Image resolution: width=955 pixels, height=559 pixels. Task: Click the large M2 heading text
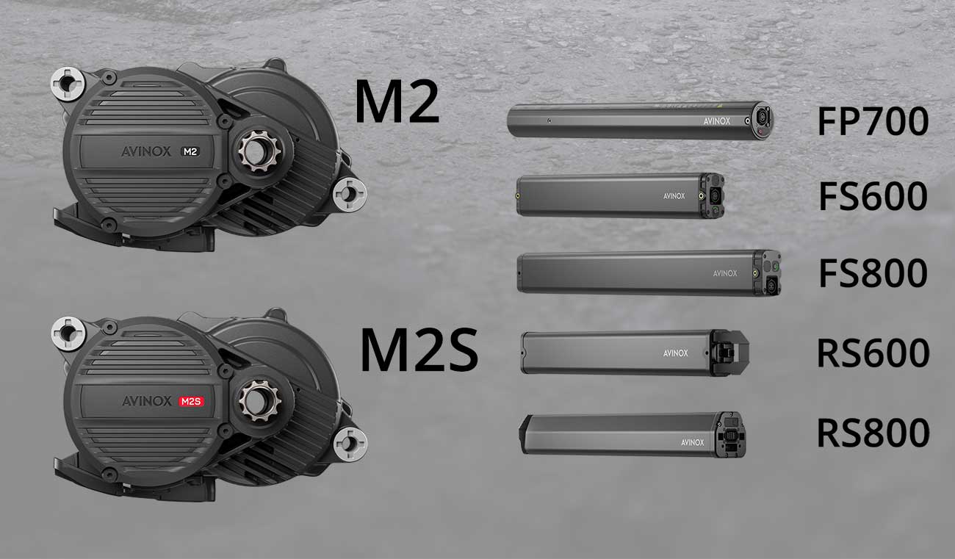[x=397, y=102]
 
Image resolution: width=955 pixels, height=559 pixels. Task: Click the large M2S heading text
[x=419, y=350]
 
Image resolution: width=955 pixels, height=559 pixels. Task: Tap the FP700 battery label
[x=873, y=121]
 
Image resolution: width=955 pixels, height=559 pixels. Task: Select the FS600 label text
[x=873, y=196]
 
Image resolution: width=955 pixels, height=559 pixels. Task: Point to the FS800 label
[x=873, y=273]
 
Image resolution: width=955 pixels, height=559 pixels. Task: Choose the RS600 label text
[x=873, y=353]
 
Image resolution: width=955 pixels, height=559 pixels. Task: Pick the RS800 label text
[x=873, y=433]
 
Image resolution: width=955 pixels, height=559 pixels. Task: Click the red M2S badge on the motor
[x=192, y=401]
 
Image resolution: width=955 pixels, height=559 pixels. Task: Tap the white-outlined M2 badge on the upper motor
[x=190, y=151]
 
